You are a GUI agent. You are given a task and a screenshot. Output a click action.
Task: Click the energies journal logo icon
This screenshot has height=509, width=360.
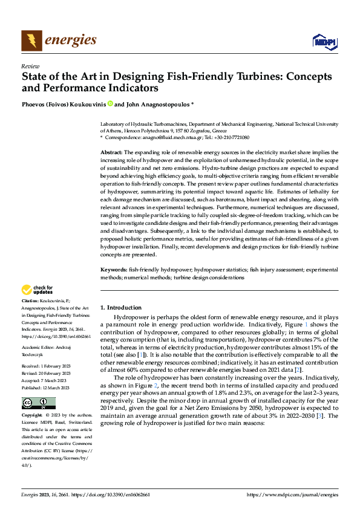click(31, 41)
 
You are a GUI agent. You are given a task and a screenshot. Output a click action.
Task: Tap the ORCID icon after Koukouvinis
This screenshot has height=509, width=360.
click(111, 104)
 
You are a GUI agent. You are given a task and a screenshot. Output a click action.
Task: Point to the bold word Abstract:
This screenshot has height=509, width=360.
click(111, 152)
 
